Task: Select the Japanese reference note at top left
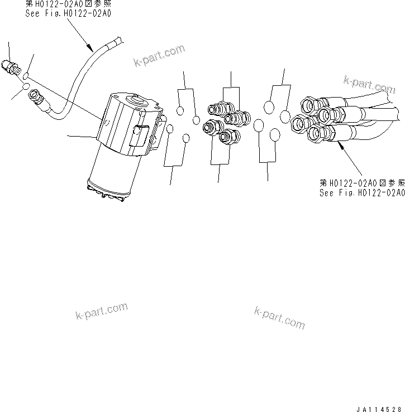coord(68,4)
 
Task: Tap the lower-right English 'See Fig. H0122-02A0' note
coord(361,192)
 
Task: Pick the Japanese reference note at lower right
coord(361,182)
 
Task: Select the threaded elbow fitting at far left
coord(9,67)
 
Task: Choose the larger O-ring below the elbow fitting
coord(26,88)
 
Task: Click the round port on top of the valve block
coord(136,102)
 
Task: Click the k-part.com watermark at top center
coord(159,56)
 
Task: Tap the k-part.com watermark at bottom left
coord(101,312)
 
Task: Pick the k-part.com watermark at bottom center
coord(279,317)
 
